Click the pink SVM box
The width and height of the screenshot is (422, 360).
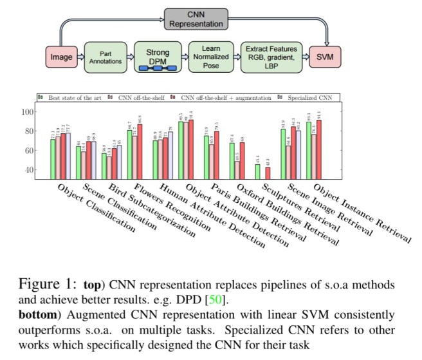[x=326, y=57]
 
